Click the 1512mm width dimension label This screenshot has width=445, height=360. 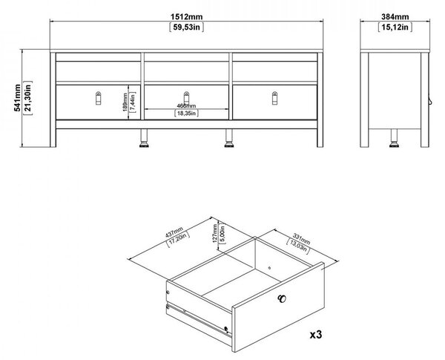186,17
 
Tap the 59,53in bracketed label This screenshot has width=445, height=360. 186,27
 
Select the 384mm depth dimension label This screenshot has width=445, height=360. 395,17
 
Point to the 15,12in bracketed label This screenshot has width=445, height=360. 395,27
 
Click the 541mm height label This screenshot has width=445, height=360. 17,98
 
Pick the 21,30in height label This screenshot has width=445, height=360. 28,98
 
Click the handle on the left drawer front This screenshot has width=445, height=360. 98,98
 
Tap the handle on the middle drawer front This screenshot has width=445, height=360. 186,97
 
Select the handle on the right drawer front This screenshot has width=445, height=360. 274,98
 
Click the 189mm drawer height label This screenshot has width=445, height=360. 125,102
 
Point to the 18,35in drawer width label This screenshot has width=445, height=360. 186,114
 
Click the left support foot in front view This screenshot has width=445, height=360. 144,138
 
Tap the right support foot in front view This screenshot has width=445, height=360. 228,138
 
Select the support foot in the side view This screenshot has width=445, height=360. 394,138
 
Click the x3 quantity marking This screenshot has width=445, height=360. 316,335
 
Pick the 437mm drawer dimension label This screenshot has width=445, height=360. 174,232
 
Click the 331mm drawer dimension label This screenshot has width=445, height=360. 301,239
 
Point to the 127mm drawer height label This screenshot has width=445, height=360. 215,233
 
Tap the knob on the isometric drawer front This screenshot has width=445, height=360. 282,298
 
